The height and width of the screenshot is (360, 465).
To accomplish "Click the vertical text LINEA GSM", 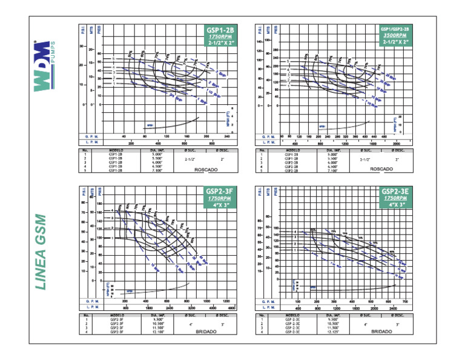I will coord(41,252).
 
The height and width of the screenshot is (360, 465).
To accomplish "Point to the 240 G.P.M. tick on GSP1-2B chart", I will coord(227,136).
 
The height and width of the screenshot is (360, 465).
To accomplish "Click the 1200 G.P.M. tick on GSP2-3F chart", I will coord(227,301).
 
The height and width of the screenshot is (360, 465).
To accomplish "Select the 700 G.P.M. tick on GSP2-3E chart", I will coord(405,301).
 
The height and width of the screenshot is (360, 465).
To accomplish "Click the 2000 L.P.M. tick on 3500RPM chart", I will coord(397,143).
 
